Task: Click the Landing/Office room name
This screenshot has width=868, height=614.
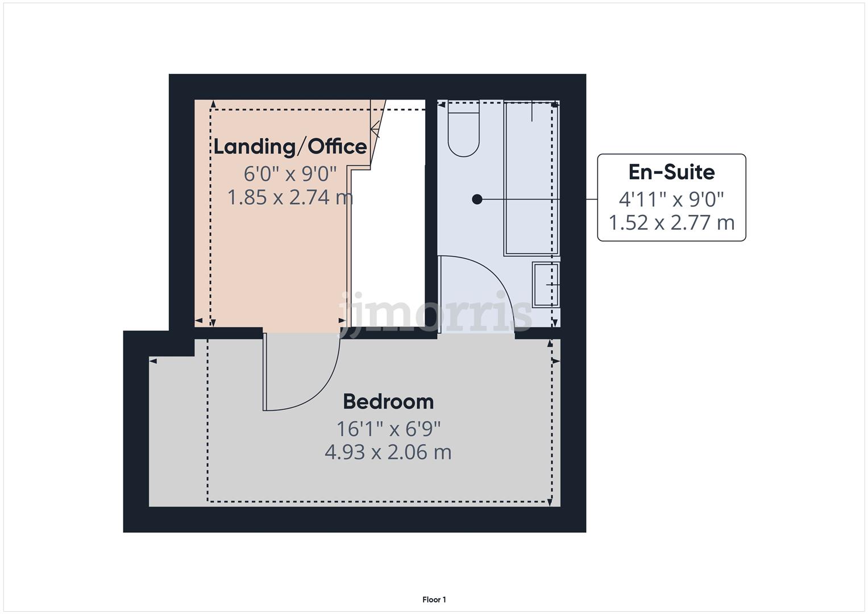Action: point(290,147)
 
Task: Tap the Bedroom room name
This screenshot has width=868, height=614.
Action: point(388,402)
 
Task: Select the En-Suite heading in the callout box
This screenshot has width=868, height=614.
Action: point(671,172)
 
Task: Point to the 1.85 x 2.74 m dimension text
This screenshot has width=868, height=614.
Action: point(290,197)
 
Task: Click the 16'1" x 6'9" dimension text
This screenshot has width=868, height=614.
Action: point(388,429)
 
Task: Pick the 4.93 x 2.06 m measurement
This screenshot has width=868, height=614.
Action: point(388,453)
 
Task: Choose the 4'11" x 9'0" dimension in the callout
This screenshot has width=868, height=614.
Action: point(671,199)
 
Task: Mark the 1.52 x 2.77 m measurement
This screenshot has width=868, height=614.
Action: point(671,222)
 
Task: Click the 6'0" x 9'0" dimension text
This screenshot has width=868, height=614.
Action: point(290,172)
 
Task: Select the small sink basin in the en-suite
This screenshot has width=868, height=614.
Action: point(546,284)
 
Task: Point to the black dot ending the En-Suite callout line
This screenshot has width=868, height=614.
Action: point(477,199)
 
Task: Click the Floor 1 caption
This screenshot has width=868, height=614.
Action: point(434,600)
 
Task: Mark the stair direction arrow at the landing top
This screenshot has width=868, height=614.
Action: point(375,128)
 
